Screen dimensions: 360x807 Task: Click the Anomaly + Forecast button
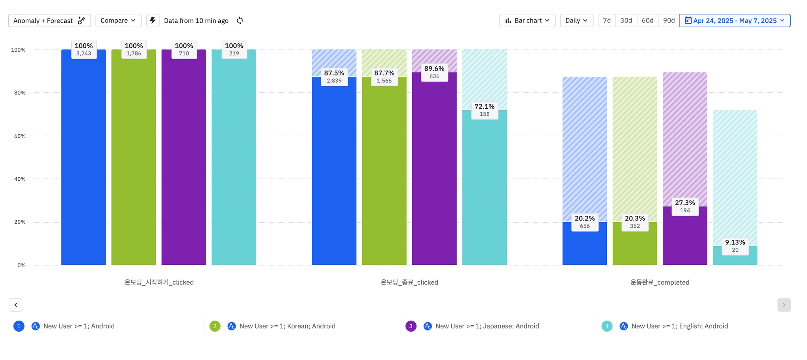click(50, 20)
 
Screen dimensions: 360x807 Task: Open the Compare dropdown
click(118, 20)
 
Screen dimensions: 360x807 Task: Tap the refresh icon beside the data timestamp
click(240, 20)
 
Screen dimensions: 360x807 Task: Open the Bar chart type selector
click(527, 20)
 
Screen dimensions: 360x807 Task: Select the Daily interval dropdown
click(576, 20)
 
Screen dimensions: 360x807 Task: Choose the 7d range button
click(607, 20)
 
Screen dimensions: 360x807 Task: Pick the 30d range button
click(626, 20)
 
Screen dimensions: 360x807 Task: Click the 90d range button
click(669, 20)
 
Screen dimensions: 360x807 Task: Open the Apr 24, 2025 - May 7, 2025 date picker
click(735, 20)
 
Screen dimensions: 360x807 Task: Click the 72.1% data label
click(484, 110)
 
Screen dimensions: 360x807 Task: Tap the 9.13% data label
click(735, 246)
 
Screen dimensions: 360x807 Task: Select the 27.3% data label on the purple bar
click(685, 206)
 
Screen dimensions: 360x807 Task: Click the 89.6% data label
click(434, 72)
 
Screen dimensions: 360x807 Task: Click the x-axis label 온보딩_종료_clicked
click(409, 282)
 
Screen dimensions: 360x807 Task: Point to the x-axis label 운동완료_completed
click(660, 282)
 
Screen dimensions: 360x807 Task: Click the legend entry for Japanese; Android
click(487, 326)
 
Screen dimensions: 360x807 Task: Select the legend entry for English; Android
click(679, 326)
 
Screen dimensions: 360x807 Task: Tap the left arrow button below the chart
click(16, 305)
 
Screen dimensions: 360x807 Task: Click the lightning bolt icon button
click(153, 20)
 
